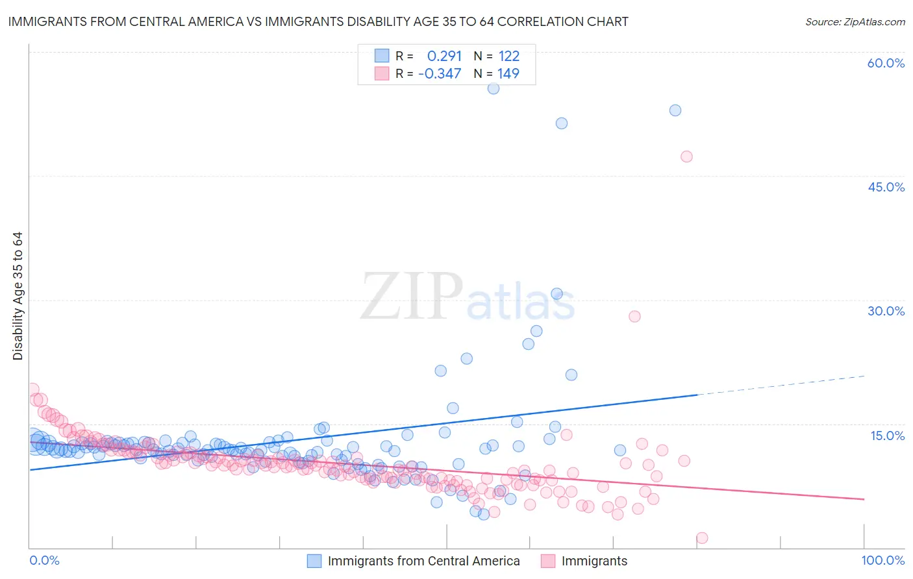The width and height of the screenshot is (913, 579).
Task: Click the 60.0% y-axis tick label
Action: coord(886,63)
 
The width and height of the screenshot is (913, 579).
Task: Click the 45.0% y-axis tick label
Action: coord(886,187)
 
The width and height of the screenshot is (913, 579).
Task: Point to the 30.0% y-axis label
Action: coord(886,311)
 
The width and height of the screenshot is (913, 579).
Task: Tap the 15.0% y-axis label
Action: coord(887,436)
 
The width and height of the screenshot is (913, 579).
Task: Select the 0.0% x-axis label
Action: coord(44,560)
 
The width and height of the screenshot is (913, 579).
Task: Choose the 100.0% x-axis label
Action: coord(882,560)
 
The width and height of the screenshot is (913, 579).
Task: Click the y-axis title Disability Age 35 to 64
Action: coord(18,296)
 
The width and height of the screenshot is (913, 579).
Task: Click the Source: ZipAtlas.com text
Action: coord(855,21)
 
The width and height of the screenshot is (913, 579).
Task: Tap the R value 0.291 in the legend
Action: coord(444,56)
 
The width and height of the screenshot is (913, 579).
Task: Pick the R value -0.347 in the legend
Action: coord(440,73)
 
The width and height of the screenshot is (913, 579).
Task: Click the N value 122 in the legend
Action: coord(508,56)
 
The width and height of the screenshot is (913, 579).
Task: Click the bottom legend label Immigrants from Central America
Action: coord(423,561)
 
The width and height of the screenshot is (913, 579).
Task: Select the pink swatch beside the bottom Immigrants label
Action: coord(548,561)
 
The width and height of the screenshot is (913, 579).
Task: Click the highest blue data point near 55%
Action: coord(494,88)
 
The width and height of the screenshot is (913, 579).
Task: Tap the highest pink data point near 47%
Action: coord(686,156)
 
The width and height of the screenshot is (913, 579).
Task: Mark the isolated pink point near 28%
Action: coord(634,316)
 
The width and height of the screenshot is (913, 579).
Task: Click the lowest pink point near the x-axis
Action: coord(702,537)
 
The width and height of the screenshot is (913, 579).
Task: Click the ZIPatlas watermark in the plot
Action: coord(468,296)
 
